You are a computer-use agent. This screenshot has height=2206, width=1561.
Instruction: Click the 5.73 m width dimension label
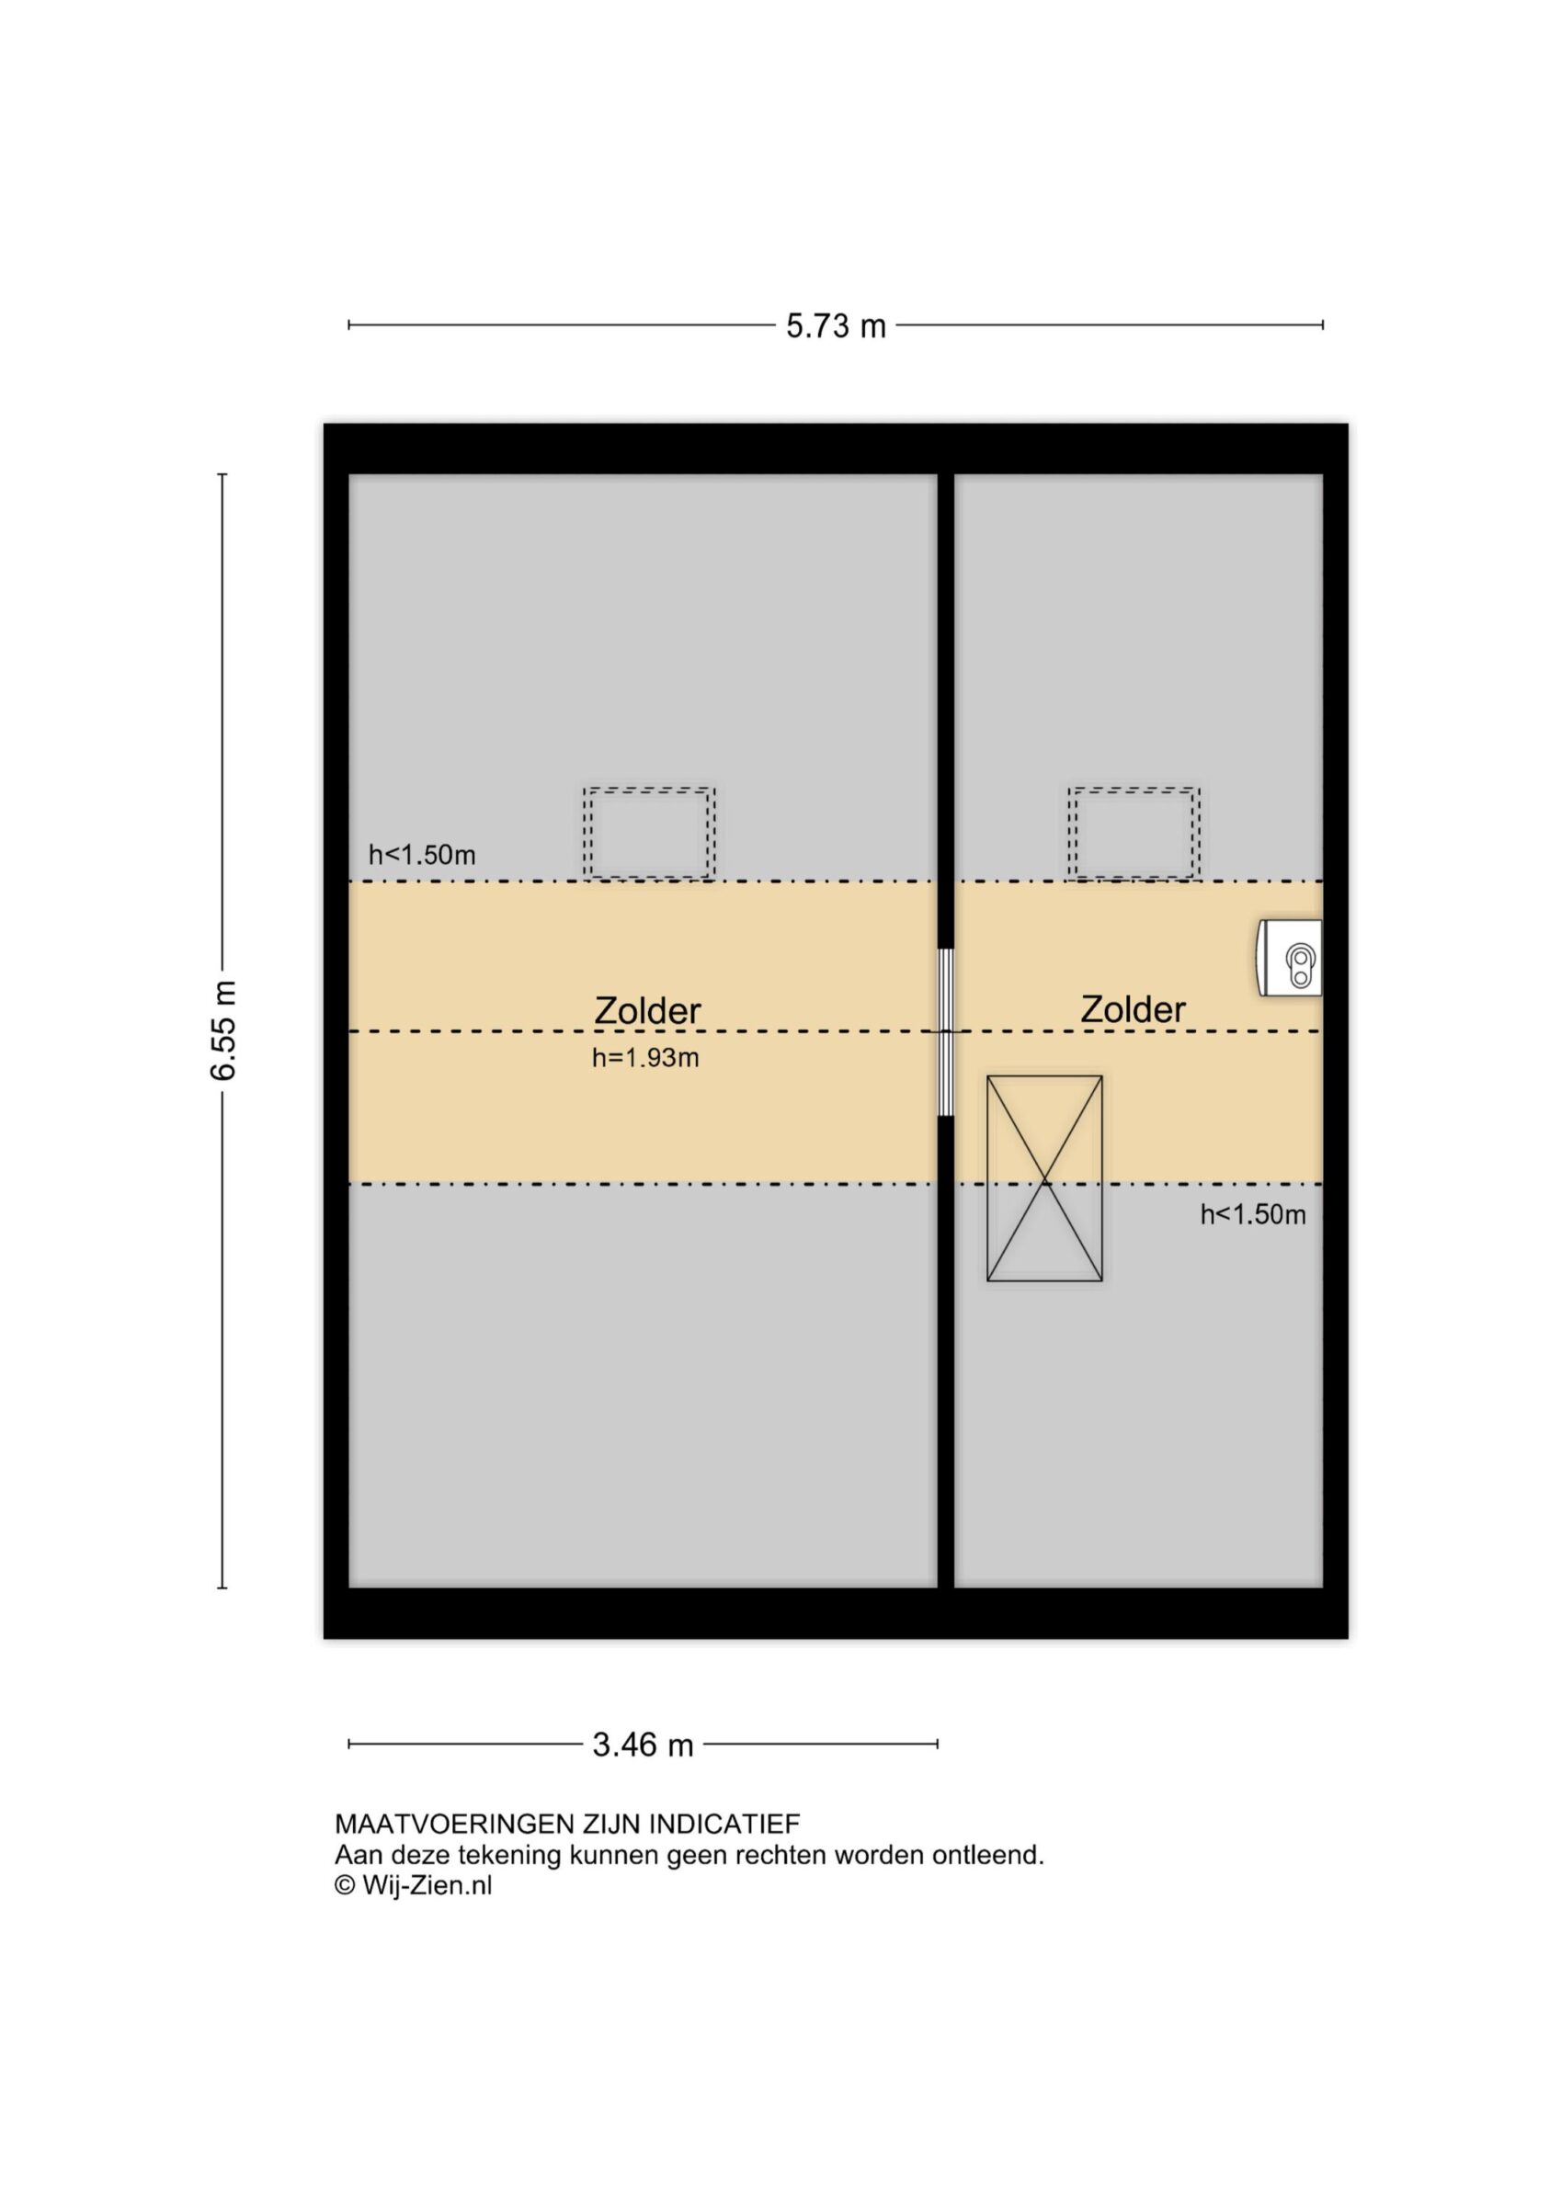836,326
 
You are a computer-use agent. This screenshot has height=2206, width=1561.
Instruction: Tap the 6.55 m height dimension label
224,1031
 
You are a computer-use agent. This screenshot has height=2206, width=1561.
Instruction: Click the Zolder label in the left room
648,1011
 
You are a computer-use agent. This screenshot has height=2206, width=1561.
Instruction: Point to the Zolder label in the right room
1133,1009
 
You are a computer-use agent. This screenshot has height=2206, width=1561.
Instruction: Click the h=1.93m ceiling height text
645,1059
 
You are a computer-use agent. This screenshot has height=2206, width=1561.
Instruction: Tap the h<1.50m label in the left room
422,855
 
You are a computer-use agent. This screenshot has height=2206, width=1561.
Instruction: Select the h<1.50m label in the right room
1252,1215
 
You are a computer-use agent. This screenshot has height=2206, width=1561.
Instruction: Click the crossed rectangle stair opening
1045,1179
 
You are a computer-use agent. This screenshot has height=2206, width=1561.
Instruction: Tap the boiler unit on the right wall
1291,958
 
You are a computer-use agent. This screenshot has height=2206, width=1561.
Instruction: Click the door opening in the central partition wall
946,1033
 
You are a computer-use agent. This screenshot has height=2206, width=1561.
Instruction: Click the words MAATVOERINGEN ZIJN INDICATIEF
567,1824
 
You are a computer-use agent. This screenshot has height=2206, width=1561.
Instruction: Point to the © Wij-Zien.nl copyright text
414,1886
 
